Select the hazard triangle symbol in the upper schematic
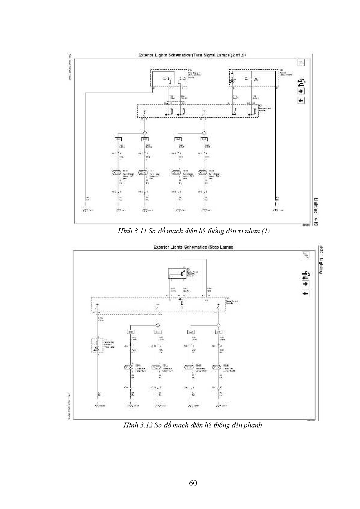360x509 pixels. (256, 79)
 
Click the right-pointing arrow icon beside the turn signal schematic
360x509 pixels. (301, 91)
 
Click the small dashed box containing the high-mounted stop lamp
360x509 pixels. (97, 345)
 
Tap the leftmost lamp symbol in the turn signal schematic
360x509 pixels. (116, 173)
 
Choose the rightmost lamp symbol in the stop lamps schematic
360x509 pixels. (217, 367)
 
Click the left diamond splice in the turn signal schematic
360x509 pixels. (144, 133)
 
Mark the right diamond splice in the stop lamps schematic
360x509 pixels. (218, 325)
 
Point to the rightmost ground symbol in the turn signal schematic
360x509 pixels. (275, 210)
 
